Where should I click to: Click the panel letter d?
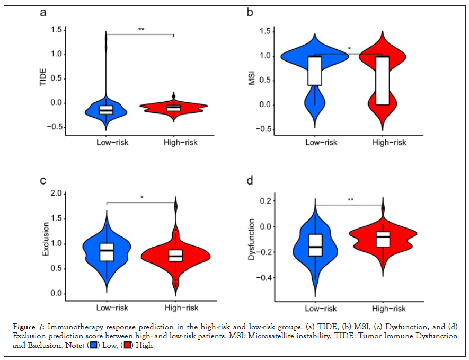click(x=250, y=181)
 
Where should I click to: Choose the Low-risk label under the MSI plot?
click(x=322, y=142)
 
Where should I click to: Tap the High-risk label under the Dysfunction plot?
click(x=389, y=308)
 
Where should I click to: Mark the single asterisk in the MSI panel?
click(x=349, y=49)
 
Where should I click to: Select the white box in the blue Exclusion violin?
click(x=107, y=252)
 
